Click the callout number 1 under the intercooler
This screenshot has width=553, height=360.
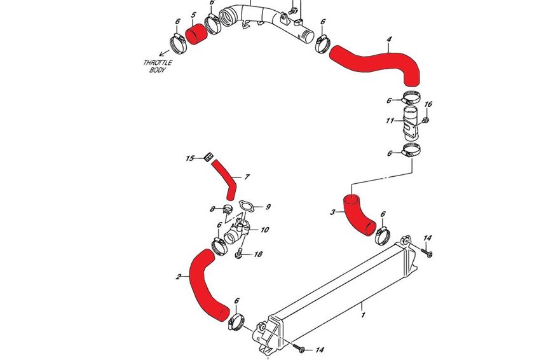click(363, 314)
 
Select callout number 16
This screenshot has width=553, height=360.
click(428, 104)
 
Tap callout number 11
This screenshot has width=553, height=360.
click(390, 120)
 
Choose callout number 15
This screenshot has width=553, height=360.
click(189, 158)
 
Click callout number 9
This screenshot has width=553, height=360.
click(268, 207)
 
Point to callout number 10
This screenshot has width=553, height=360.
click(264, 230)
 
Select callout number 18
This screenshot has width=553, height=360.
click(258, 254)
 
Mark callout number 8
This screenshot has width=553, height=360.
click(212, 208)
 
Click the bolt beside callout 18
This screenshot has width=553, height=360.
click(239, 254)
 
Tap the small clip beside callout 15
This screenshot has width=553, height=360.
click(207, 157)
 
